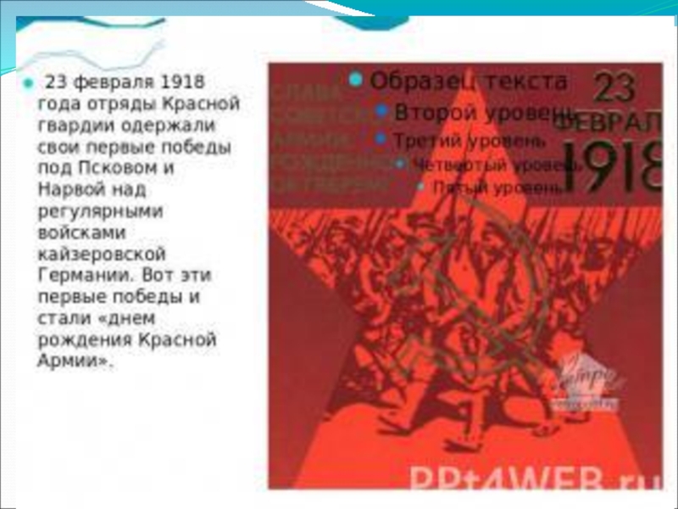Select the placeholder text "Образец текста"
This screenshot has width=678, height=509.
click(x=469, y=81)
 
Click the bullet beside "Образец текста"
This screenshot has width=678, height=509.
click(x=356, y=81)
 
